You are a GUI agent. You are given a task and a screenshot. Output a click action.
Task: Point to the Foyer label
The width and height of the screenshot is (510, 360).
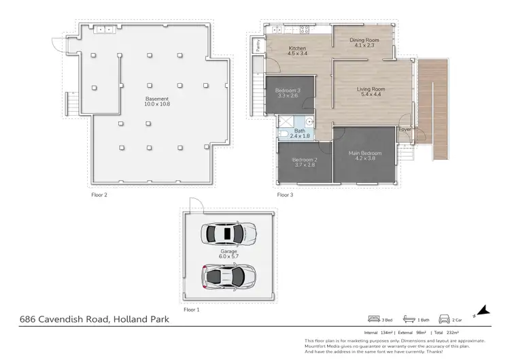(x=405, y=129)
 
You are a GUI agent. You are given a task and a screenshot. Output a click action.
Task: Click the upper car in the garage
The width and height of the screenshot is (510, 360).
(x=228, y=234)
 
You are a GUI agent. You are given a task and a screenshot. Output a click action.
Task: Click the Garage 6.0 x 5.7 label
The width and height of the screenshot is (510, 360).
(x=228, y=253)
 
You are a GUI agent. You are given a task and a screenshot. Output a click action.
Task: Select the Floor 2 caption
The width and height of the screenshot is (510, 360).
(x=99, y=195)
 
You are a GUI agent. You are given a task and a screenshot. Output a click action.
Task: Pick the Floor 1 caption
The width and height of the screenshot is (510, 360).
(x=192, y=310)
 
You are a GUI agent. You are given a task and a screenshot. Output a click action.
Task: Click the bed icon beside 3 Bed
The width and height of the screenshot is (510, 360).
(x=373, y=318)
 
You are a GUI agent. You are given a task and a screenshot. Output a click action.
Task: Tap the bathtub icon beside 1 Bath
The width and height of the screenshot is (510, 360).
(x=408, y=318)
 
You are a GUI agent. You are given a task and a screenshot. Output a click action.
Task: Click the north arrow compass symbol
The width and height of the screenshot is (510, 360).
(x=482, y=311)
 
